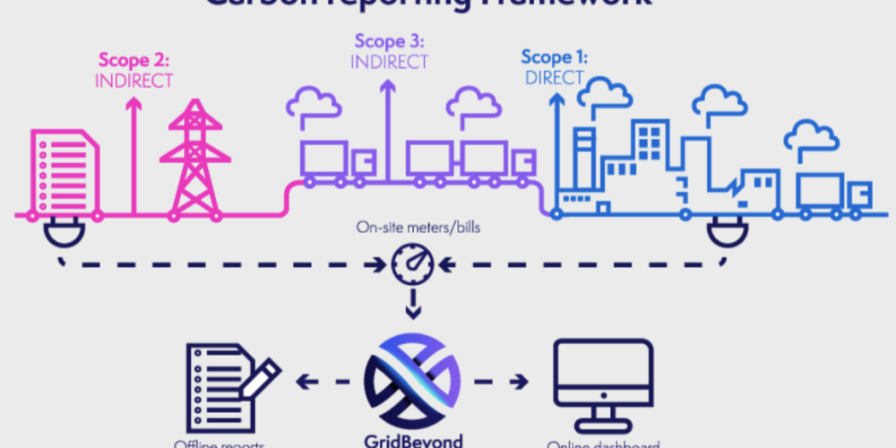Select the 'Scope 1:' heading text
click(x=554, y=58)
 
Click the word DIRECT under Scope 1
click(x=554, y=77)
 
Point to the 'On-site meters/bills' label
click(x=411, y=229)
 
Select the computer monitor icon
click(x=599, y=381)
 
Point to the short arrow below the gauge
click(x=411, y=306)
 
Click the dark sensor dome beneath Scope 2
click(x=61, y=235)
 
